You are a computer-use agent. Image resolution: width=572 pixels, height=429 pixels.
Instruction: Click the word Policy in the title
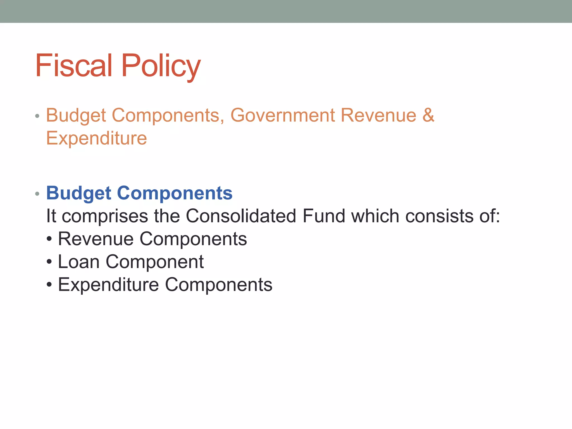click(x=161, y=66)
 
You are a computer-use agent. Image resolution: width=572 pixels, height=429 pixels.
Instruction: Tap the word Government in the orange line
click(x=282, y=115)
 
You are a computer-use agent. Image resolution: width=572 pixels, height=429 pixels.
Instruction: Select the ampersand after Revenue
click(x=428, y=115)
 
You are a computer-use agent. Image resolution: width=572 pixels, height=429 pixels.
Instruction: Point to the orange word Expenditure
click(x=96, y=138)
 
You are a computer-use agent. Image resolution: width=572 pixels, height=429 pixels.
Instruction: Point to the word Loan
click(x=79, y=262)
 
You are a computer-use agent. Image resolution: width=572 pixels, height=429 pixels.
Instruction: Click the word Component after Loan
click(x=155, y=262)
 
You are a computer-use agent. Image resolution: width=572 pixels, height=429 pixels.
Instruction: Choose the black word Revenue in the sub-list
click(x=96, y=239)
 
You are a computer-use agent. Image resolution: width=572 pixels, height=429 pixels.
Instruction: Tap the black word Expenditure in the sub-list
click(x=108, y=285)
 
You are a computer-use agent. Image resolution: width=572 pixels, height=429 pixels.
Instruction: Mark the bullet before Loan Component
click(x=49, y=262)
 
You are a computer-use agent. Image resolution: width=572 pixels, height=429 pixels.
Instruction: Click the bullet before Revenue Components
click(x=49, y=239)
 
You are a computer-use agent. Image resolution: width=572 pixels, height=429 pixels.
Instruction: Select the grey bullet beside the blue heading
click(x=37, y=194)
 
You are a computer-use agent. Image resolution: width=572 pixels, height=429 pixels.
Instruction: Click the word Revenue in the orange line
click(x=378, y=115)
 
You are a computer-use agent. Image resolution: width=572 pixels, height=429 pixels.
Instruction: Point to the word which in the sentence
click(x=375, y=216)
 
